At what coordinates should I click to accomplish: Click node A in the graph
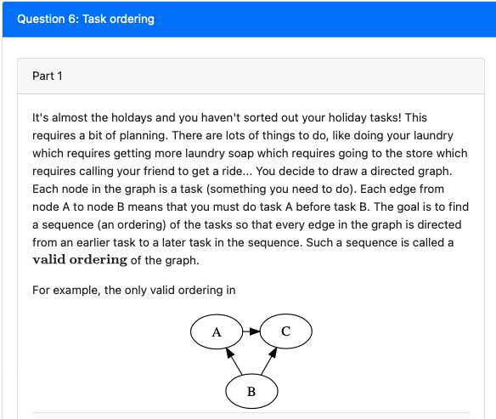tap(217, 332)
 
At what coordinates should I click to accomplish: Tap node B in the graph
tap(251, 391)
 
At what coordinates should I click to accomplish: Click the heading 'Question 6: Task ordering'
tap(86, 18)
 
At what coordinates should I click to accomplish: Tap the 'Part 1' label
tap(48, 76)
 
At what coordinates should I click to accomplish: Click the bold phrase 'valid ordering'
tap(80, 259)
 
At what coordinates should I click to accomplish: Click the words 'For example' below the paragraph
tap(65, 290)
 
